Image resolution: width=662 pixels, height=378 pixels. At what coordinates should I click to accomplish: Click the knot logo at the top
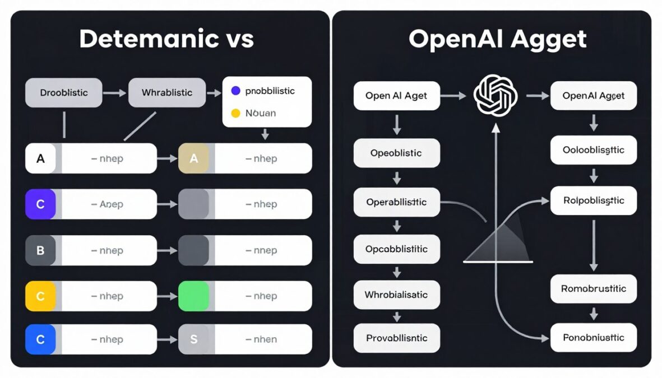click(495, 96)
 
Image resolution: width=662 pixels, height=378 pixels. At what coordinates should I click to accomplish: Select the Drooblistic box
click(64, 92)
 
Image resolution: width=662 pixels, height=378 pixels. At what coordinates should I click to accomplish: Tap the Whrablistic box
click(167, 92)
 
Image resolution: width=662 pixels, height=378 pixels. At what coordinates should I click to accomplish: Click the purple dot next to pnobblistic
click(235, 91)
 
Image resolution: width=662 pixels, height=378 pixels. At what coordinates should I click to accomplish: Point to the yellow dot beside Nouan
click(235, 113)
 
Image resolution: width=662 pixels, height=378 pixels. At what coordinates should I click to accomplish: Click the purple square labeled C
click(40, 204)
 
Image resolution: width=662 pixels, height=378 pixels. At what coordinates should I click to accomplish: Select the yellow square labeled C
click(40, 296)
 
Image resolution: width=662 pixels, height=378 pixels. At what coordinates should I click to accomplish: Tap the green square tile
click(193, 296)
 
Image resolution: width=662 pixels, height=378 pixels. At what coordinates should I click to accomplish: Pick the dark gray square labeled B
click(40, 250)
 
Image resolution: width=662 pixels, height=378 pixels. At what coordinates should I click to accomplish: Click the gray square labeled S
click(193, 339)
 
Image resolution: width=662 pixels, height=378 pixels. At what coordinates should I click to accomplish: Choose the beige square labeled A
click(193, 158)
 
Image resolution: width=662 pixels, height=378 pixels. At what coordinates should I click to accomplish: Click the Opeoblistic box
click(396, 153)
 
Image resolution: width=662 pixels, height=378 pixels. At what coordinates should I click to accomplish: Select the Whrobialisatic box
click(396, 295)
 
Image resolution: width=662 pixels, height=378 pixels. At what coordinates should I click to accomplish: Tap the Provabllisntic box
click(396, 338)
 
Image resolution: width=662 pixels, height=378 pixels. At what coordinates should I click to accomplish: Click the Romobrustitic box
click(594, 289)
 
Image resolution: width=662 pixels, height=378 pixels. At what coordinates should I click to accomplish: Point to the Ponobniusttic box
click(594, 338)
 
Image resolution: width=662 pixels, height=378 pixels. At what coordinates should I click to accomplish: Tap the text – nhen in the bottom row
click(261, 339)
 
